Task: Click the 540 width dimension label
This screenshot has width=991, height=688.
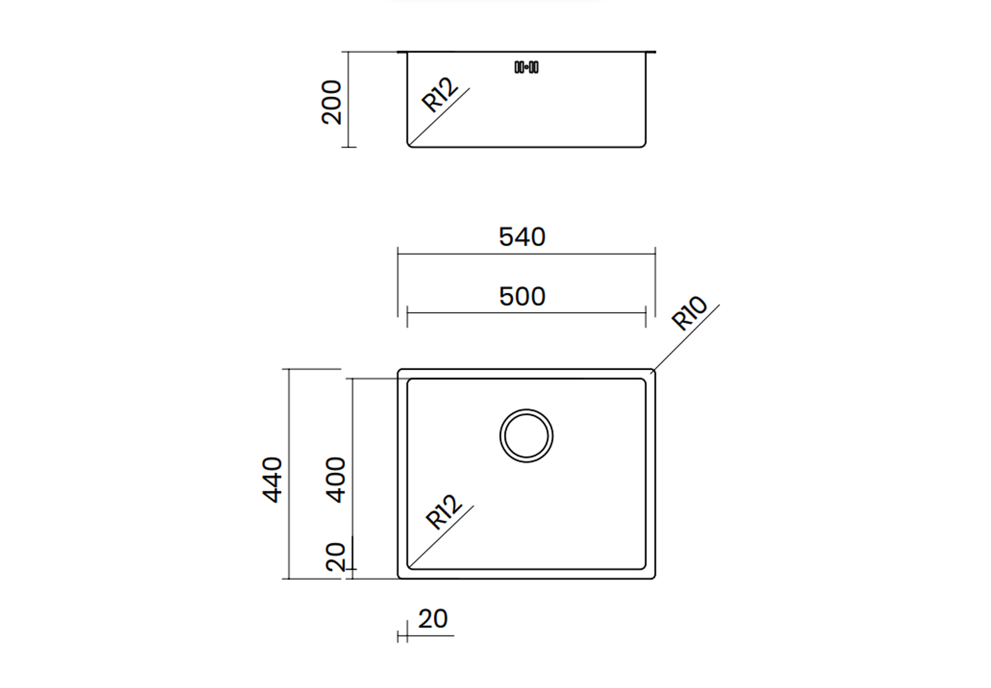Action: (522, 236)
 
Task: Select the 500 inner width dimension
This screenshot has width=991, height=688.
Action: (522, 296)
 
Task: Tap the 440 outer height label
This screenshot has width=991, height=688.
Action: (272, 480)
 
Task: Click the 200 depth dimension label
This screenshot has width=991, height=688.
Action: (331, 102)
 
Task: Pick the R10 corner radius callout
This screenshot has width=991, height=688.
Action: (689, 312)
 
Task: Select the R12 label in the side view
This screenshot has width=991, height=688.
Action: (440, 94)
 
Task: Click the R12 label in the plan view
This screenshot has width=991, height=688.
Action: (444, 512)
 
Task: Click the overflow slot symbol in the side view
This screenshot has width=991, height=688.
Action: (527, 67)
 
